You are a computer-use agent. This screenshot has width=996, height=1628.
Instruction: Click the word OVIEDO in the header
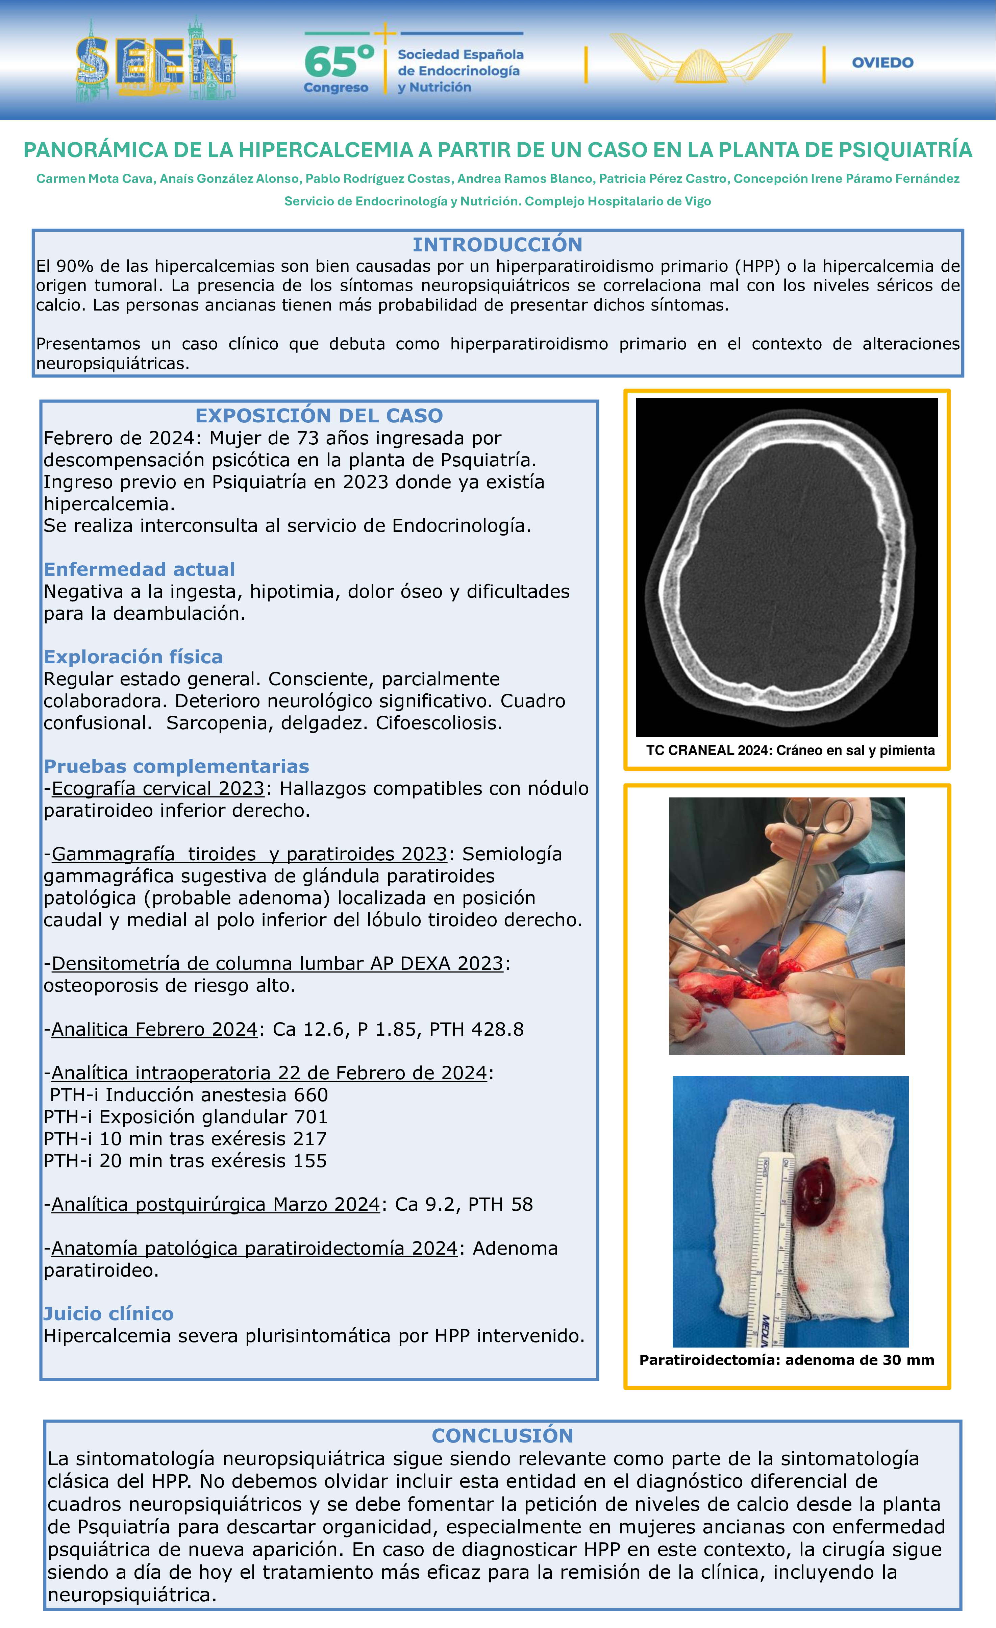(x=882, y=63)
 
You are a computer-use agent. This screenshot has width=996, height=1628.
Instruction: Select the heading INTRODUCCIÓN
(x=497, y=244)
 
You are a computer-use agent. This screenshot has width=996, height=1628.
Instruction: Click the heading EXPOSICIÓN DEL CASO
(x=319, y=416)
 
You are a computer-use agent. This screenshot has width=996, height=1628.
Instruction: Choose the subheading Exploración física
(x=133, y=657)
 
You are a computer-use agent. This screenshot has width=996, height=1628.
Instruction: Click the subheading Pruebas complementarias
(x=176, y=766)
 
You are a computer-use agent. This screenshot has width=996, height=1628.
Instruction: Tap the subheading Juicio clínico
(x=108, y=1313)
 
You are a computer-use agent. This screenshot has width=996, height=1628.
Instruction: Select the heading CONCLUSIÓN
(x=502, y=1436)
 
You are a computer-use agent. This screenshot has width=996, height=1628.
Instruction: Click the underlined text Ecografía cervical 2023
(x=158, y=788)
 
